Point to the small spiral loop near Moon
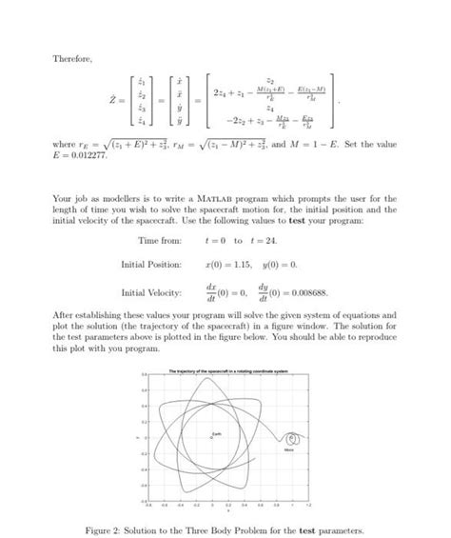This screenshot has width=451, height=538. coord(294,439)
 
